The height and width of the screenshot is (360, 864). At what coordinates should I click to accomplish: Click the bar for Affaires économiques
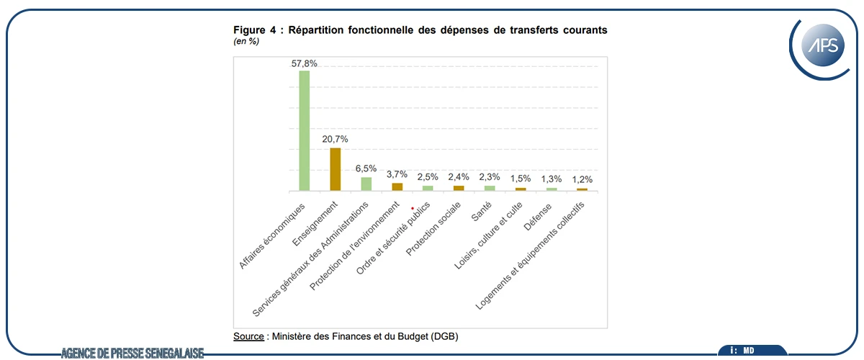pos(304,130)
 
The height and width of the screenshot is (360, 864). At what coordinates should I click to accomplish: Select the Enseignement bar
pos(336,169)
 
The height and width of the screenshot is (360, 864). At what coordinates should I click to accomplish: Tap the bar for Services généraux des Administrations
pos(366,184)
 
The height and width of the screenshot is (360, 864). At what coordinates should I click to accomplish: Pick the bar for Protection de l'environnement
pos(397,186)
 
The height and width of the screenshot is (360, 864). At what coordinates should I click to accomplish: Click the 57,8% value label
pos(305,63)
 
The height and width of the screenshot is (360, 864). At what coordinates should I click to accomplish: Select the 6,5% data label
pos(366,169)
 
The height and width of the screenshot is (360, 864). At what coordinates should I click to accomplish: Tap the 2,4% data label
pos(459,177)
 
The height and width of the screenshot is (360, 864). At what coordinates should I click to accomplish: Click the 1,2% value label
pos(582,179)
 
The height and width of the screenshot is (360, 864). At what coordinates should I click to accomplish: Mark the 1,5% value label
pos(521,179)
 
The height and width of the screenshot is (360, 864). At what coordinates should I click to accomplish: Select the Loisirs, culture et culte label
pos(489,236)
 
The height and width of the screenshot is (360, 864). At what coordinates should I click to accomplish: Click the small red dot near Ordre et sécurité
pos(413,208)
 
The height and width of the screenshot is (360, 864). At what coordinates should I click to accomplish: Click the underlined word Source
pos(248,336)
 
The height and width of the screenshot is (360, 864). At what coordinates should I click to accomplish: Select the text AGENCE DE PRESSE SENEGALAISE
pos(132,352)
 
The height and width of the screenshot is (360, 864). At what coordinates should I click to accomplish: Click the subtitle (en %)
pos(246,42)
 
